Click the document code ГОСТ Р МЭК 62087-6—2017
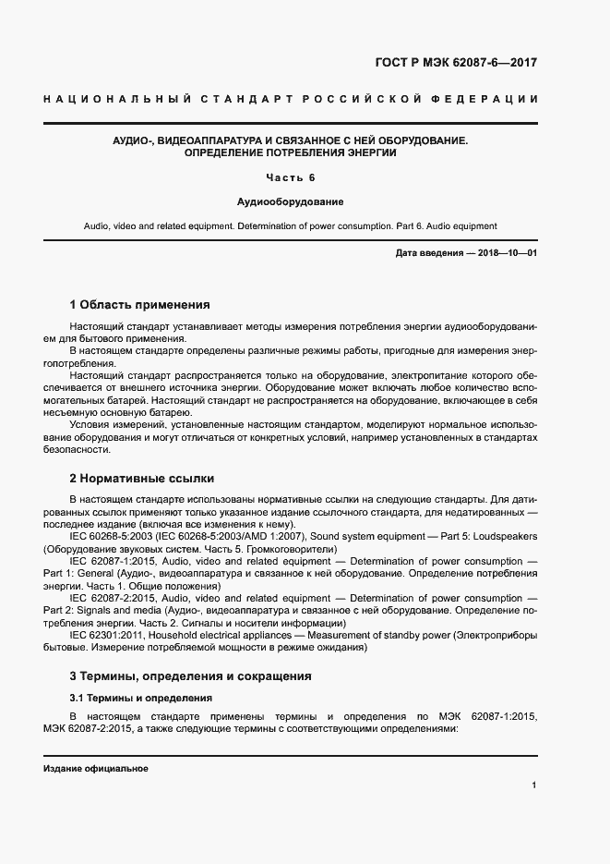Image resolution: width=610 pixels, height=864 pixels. pyautogui.click(x=456, y=63)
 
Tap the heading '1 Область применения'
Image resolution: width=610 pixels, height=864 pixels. pyautogui.click(x=139, y=304)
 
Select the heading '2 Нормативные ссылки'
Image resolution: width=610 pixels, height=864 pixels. pyautogui.click(x=141, y=479)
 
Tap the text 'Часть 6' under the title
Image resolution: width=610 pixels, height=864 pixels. pyautogui.click(x=291, y=177)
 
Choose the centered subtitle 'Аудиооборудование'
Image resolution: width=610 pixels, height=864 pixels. pyautogui.click(x=290, y=201)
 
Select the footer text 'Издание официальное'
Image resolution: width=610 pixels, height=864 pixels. pyautogui.click(x=96, y=769)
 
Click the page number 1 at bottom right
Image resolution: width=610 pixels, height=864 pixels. pyautogui.click(x=534, y=785)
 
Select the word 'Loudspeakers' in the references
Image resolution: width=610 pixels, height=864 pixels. pyautogui.click(x=506, y=537)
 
